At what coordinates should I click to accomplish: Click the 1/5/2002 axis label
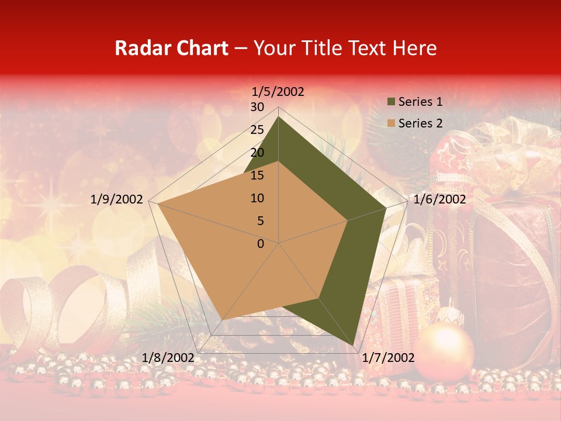coord(278,91)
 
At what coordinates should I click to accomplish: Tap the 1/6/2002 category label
coord(439,199)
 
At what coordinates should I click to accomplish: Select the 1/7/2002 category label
coord(388,358)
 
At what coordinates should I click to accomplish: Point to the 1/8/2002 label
coord(168,358)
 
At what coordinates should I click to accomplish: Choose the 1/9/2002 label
coord(117,199)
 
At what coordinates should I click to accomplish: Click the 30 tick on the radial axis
coord(257,107)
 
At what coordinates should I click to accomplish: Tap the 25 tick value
coord(257,130)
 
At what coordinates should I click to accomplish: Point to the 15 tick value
coord(257,175)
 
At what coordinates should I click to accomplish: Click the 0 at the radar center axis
coord(261,244)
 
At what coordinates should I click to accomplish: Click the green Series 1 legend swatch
coord(392,102)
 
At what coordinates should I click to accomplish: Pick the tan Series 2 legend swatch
coord(392,123)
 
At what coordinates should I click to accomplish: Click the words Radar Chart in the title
coord(171,49)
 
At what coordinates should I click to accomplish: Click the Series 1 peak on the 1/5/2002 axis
coord(278,116)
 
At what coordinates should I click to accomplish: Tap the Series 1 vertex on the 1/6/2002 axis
coord(386,208)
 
